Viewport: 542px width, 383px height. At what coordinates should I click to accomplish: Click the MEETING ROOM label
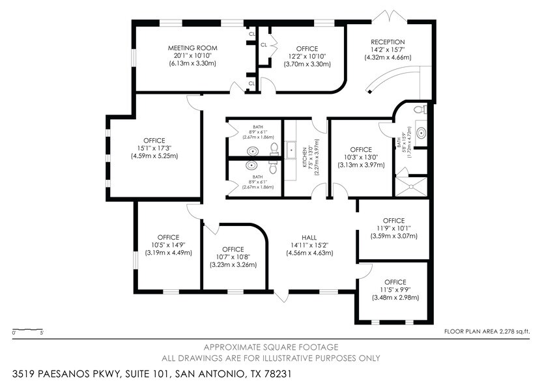[192, 48]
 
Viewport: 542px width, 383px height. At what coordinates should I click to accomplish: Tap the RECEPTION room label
[388, 42]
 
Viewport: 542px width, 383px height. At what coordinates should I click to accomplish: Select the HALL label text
[309, 237]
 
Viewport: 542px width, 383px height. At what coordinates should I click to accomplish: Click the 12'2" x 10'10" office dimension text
[306, 57]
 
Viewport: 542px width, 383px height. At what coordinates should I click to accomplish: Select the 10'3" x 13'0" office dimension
[360, 157]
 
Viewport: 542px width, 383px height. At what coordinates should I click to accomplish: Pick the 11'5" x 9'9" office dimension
[394, 290]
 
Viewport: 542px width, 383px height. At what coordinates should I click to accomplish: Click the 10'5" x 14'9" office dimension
[168, 245]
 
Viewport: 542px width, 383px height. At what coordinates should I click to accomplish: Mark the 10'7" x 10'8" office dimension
[233, 257]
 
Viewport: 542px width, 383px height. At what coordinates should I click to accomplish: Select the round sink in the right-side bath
[421, 134]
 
